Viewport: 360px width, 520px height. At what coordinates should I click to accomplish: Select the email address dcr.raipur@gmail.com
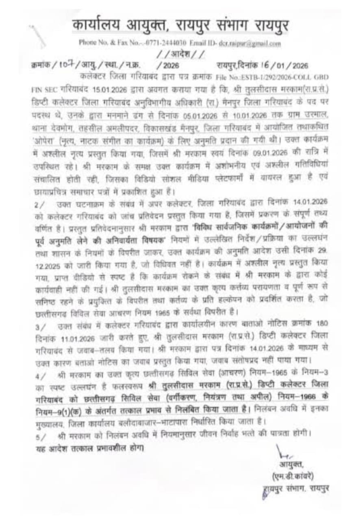tap(256, 43)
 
